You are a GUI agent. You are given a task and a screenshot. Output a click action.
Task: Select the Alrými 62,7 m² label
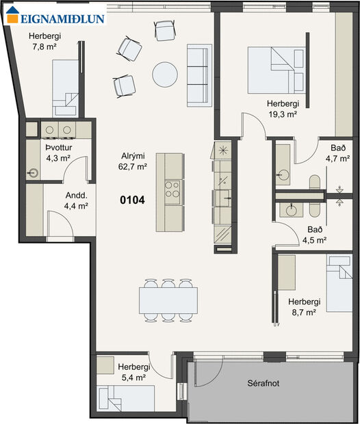click(133, 161)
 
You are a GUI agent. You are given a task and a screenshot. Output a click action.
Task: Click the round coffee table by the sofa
click(166, 75)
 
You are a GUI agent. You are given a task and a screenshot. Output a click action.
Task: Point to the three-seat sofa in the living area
click(198, 75)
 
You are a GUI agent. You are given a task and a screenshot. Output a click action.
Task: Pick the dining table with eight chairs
click(168, 299)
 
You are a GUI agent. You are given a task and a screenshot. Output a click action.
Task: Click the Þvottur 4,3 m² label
click(58, 153)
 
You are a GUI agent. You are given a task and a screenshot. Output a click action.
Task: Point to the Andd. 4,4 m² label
click(76, 200)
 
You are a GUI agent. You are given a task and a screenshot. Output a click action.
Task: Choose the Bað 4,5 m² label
click(314, 235)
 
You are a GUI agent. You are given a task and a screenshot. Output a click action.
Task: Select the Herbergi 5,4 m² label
click(133, 372)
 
